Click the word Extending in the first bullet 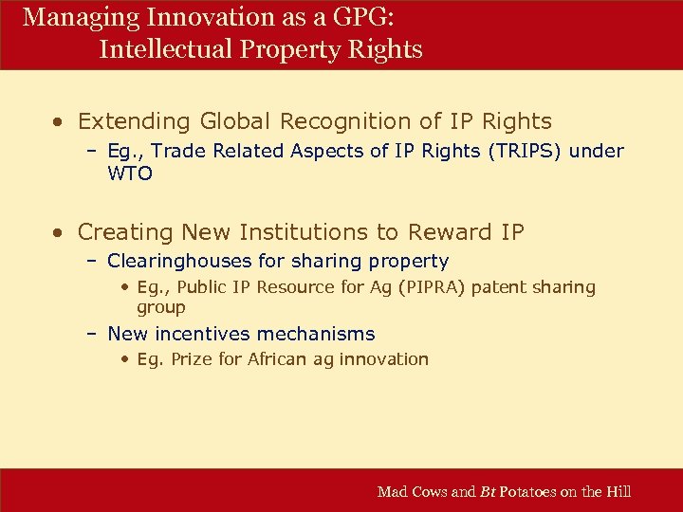135,121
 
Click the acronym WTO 130,174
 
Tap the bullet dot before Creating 60,232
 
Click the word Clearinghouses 180,261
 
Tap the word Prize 192,358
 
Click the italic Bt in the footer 489,491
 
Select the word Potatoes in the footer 531,491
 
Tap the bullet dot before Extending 60,122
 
